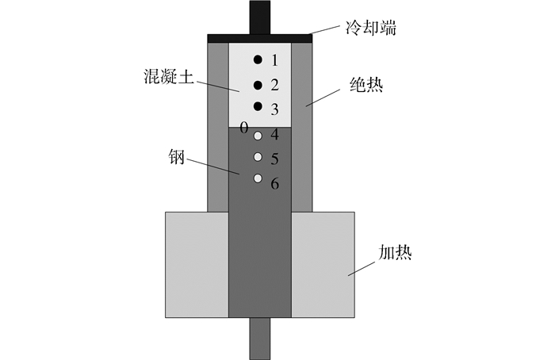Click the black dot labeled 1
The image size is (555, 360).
[258, 59]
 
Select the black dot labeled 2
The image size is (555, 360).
[258, 85]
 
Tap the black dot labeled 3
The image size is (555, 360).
[258, 105]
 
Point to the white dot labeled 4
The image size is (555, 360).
[258, 136]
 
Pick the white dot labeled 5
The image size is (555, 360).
[258, 157]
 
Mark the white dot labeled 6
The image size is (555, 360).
[258, 178]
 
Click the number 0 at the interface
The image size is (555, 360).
[244, 128]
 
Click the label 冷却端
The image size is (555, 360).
[371, 28]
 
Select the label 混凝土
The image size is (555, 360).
[169, 76]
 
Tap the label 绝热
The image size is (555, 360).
[366, 85]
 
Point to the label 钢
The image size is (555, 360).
[177, 157]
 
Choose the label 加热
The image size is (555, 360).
[395, 253]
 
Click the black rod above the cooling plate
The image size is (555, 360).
[260, 17]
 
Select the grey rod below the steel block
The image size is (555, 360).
[260, 339]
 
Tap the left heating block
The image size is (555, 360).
[197, 265]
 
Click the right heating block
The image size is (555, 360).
[323, 265]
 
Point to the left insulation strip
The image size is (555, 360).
[218, 128]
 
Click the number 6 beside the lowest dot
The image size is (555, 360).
[275, 184]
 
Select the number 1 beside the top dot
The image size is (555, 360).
[275, 60]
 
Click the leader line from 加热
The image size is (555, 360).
[361, 269]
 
